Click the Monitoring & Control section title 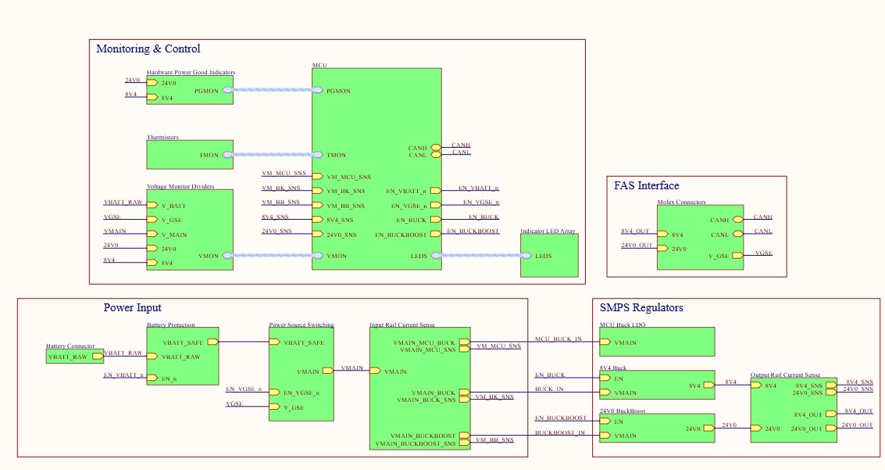click(x=148, y=49)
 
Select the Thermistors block click(x=190, y=155)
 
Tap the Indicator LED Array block click(x=549, y=255)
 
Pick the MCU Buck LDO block click(x=656, y=343)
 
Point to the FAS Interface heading click(x=645, y=186)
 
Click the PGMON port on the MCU click(x=318, y=91)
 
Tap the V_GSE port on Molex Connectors click(x=737, y=255)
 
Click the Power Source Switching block click(x=302, y=374)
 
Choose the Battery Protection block click(x=182, y=357)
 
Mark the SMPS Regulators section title click(x=641, y=308)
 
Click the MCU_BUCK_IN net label click(x=558, y=339)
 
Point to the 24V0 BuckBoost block click(x=656, y=427)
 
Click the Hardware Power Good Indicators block click(x=190, y=90)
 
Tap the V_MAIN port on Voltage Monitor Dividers click(x=152, y=235)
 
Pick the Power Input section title click(x=132, y=308)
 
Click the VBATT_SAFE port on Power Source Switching click(x=274, y=342)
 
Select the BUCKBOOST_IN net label click(x=559, y=432)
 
